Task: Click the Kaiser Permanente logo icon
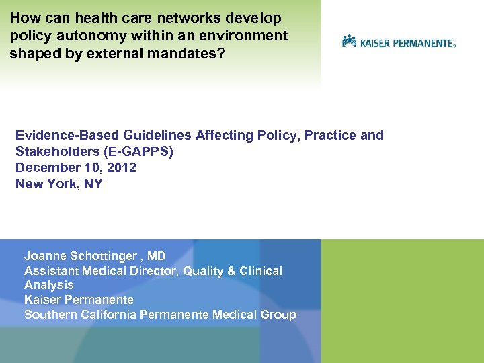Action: (349, 42)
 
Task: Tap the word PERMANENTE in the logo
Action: (424, 43)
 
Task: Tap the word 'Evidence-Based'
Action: (60, 135)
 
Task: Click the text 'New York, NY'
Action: (59, 184)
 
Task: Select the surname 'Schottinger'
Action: (103, 256)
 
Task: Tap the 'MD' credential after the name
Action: (157, 256)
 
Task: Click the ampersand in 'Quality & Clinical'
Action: (232, 271)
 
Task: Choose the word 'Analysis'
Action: (49, 285)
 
